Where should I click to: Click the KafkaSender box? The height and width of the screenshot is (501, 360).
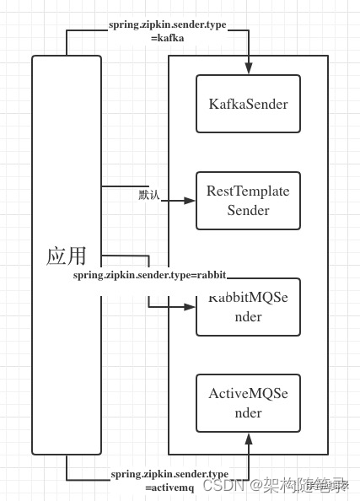point(248,104)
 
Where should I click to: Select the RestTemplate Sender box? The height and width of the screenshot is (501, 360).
point(248,201)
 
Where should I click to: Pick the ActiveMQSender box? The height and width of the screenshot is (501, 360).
point(248,403)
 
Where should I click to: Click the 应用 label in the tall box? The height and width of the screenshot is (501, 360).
point(67,256)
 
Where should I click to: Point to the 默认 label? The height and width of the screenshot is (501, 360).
point(149,195)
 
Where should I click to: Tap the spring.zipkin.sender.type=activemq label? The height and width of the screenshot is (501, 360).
point(169,481)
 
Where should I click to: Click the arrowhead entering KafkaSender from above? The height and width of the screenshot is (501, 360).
point(249,69)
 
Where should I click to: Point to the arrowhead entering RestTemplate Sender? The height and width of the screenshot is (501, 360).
point(190,201)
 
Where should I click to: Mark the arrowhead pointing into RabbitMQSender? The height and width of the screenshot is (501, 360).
point(190,307)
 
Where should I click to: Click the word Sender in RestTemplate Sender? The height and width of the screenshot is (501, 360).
point(248,210)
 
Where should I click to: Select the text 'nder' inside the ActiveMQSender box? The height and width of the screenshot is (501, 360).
point(248,413)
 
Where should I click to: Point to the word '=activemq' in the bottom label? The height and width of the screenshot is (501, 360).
point(169,488)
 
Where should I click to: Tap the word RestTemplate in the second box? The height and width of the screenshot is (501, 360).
point(248,191)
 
